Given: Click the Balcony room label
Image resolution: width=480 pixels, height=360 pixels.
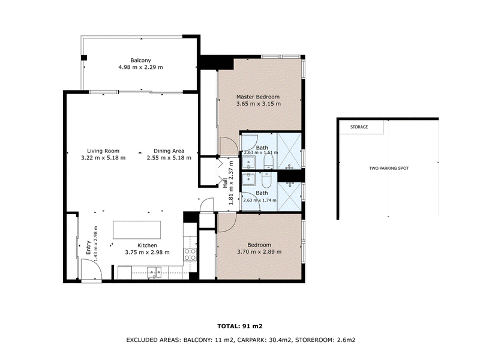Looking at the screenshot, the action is [x=140, y=61].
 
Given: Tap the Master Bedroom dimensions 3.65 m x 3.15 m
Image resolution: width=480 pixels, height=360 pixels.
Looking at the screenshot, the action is [x=259, y=104].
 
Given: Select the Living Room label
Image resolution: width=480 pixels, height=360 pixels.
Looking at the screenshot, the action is [x=103, y=151].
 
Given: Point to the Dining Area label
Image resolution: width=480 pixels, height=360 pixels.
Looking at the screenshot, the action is [x=169, y=151].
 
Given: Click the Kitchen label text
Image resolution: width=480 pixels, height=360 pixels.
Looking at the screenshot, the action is [x=147, y=245].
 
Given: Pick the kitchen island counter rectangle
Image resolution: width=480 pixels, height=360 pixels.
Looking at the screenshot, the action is [x=137, y=230].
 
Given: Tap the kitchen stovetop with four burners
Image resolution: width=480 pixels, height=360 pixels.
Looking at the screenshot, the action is [x=190, y=254].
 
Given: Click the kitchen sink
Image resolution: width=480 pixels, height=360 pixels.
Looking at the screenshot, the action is [x=154, y=272].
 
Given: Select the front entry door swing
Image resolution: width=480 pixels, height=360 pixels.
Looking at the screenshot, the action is [x=92, y=269].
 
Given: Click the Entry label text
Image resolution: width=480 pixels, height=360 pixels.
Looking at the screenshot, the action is [x=88, y=247].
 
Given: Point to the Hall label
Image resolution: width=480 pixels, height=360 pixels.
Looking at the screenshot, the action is [x=225, y=183].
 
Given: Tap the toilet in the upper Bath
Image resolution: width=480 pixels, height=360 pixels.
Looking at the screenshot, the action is [x=268, y=161].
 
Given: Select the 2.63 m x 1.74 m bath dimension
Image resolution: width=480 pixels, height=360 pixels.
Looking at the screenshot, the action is [x=260, y=200].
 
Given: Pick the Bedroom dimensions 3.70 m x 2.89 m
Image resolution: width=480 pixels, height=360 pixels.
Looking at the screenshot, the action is [x=259, y=252].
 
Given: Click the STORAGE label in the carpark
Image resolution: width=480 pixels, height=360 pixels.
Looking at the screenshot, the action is [x=359, y=127].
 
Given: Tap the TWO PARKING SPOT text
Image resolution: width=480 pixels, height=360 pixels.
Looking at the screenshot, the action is [x=389, y=168].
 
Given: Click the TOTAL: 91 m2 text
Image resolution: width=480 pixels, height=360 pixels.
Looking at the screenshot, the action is [x=240, y=326].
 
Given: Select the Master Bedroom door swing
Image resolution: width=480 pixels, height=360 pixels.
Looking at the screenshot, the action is [x=227, y=145].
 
